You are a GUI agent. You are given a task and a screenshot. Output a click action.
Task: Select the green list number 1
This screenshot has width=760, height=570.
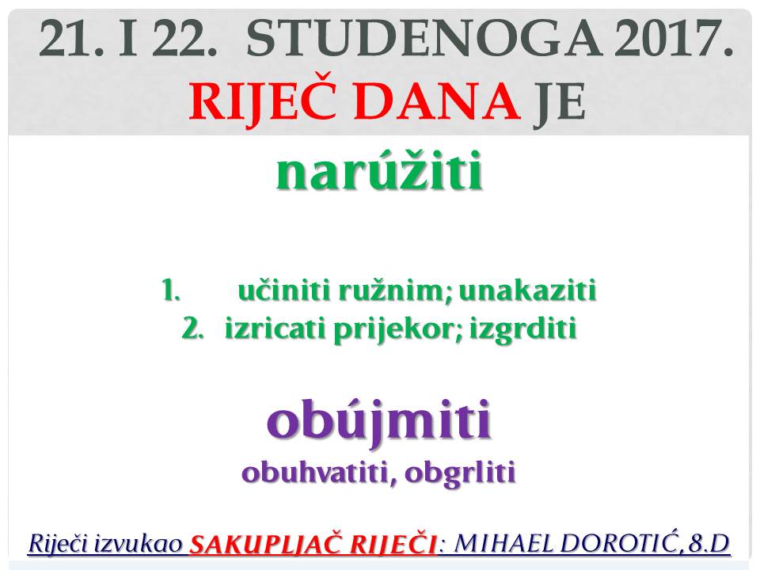[x=171, y=291]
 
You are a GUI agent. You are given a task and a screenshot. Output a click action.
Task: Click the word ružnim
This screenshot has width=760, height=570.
[x=394, y=291]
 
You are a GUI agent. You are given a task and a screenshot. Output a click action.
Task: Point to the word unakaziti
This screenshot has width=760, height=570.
[x=527, y=291]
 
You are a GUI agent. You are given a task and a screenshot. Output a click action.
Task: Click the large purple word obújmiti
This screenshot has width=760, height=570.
[x=379, y=420]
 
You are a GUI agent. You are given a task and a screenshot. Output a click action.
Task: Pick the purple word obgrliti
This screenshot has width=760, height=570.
[x=459, y=473]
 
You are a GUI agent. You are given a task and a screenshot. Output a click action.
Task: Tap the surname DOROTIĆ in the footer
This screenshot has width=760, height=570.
[x=619, y=543]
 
